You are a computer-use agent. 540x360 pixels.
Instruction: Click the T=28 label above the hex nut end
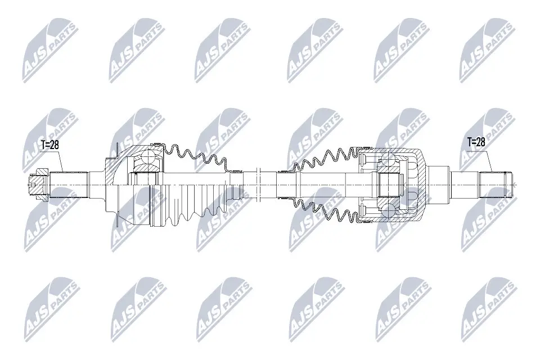click(x=50, y=145)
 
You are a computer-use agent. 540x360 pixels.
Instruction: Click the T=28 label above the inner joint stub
click(x=476, y=142)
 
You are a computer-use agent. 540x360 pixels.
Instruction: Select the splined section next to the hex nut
click(x=68, y=185)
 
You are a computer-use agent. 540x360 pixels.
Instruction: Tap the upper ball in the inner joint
click(x=387, y=160)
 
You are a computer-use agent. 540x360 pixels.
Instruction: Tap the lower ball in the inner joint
click(x=388, y=209)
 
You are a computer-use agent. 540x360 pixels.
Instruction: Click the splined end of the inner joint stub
click(x=494, y=185)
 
